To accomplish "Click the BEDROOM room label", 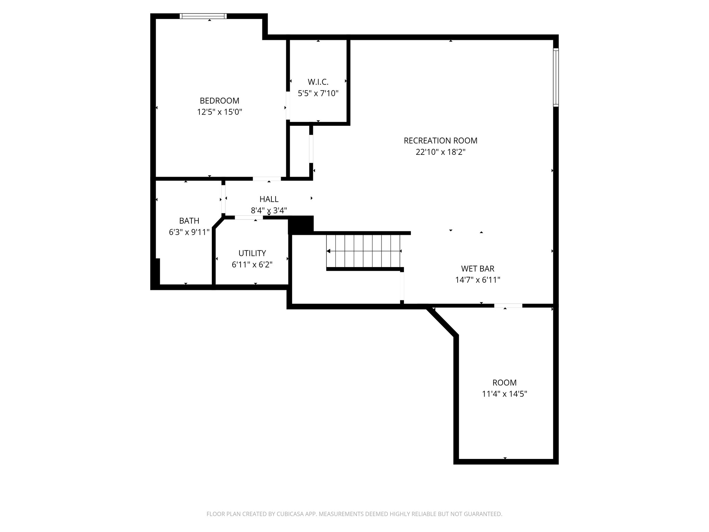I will tap(219, 101).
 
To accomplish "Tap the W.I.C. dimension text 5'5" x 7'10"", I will tap(318, 93).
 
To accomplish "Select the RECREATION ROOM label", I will tap(440, 141).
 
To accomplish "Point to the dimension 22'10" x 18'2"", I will tap(440, 152).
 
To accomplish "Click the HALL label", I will tap(269, 199).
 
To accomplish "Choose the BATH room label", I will tap(189, 221).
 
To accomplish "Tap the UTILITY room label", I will tap(252, 253).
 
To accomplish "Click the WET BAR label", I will tap(477, 268).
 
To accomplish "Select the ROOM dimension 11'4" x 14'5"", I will tap(504, 394).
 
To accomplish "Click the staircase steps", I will tap(364, 251).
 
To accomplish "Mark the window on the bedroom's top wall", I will tap(203, 16).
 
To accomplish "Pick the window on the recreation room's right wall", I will tap(556, 77).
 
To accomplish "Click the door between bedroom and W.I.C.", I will tap(288, 106).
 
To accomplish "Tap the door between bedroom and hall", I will tap(267, 179).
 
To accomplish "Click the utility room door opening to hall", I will tap(249, 218).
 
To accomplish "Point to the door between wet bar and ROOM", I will tap(508, 305).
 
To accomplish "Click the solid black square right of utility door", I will tap(301, 224).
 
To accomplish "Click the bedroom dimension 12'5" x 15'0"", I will tap(219, 112).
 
